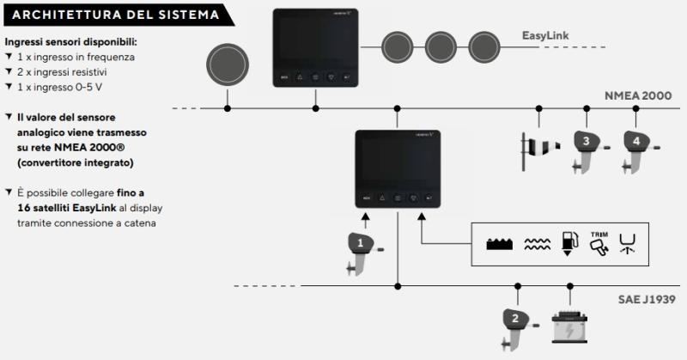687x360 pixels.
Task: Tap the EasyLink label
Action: [x=550, y=36]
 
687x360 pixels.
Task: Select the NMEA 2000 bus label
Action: [x=637, y=95]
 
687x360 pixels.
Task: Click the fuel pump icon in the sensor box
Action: [x=568, y=244]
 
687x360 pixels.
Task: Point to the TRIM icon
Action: [x=599, y=242]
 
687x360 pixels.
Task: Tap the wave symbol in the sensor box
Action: [x=538, y=245]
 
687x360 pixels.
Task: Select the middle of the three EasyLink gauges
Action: [x=440, y=45]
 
